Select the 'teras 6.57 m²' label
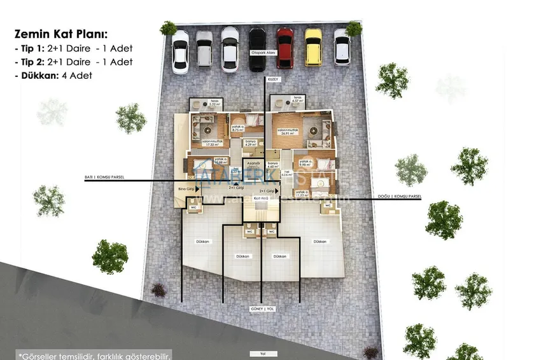296,99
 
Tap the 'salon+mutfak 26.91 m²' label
289,132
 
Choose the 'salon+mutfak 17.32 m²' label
211,142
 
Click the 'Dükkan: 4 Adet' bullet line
52,75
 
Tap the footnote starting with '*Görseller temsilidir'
94,355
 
